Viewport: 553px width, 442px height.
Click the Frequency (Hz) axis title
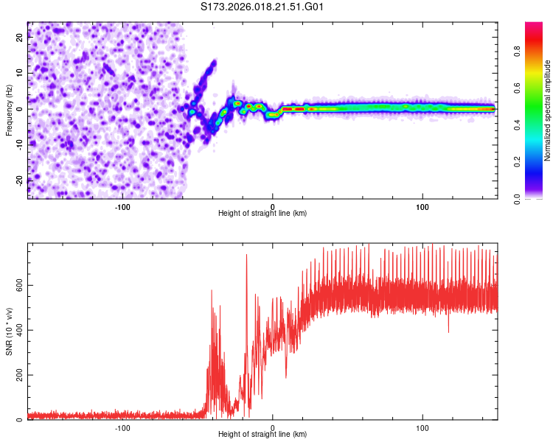pos(9,110)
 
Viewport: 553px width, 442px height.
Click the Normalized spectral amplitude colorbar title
pos(548,110)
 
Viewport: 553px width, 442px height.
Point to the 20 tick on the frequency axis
pos(19,39)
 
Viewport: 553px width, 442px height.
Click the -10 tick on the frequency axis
pos(19,144)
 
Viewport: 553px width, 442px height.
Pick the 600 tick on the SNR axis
pos(19,285)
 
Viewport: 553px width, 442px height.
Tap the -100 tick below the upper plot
pos(122,206)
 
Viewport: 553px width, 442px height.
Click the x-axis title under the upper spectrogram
pos(262,214)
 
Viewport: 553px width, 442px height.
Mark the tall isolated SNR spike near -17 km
pos(246,256)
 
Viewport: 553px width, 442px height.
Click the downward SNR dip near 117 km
pos(448,331)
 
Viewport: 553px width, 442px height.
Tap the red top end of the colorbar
pos(534,26)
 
